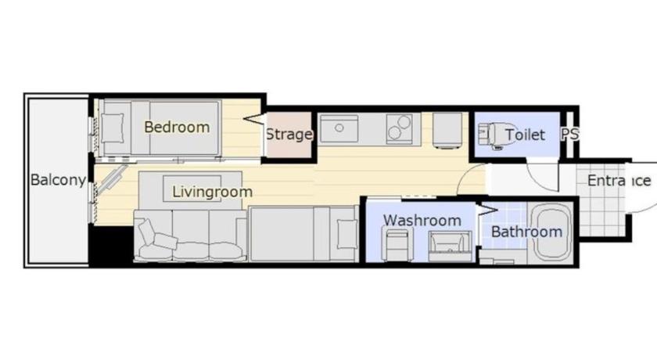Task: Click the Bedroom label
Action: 177,127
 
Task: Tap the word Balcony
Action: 58,180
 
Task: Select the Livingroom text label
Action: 213,192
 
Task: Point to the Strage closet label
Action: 289,135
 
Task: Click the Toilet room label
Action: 525,135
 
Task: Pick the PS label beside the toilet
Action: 570,134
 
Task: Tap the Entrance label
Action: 619,181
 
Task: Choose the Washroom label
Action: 422,221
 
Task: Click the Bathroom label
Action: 526,232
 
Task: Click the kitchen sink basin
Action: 339,128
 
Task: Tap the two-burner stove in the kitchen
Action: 398,128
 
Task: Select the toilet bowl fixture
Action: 490,135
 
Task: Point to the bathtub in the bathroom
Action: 550,232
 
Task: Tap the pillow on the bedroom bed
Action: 113,128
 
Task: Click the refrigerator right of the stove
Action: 447,130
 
